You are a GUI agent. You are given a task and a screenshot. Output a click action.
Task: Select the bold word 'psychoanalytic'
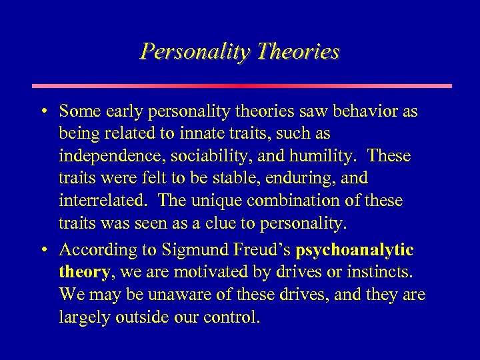click(355, 250)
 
